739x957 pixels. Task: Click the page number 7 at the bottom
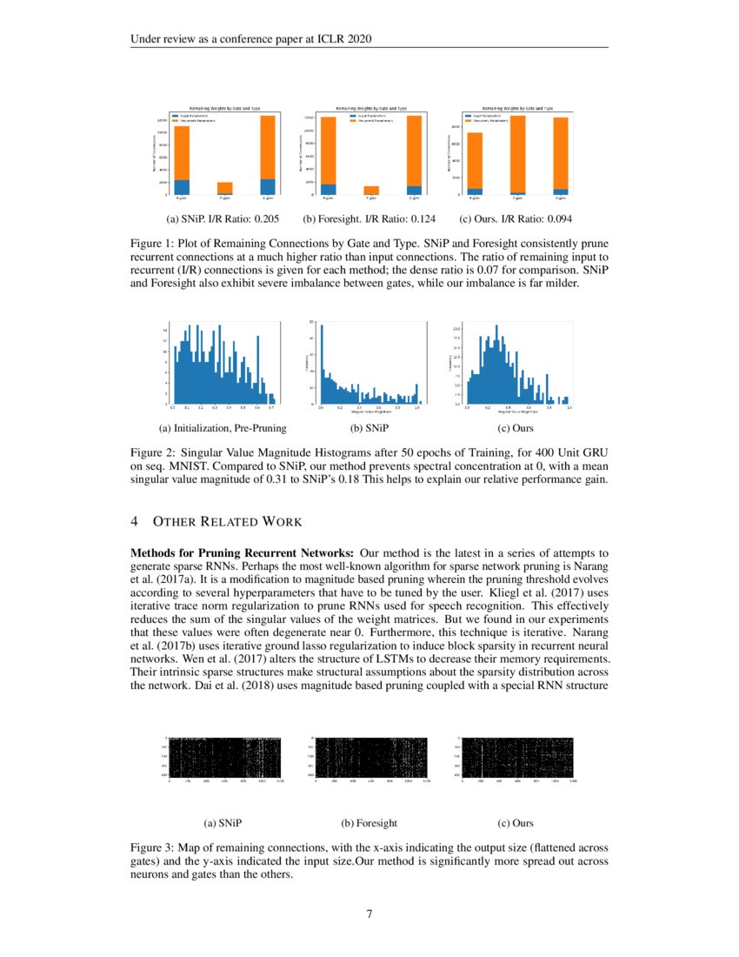click(369, 914)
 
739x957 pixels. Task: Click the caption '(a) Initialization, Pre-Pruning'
click(223, 428)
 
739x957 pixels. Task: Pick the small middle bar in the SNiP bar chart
click(224, 188)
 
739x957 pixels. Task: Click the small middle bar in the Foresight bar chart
click(371, 190)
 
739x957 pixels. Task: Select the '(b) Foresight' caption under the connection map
click(369, 822)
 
